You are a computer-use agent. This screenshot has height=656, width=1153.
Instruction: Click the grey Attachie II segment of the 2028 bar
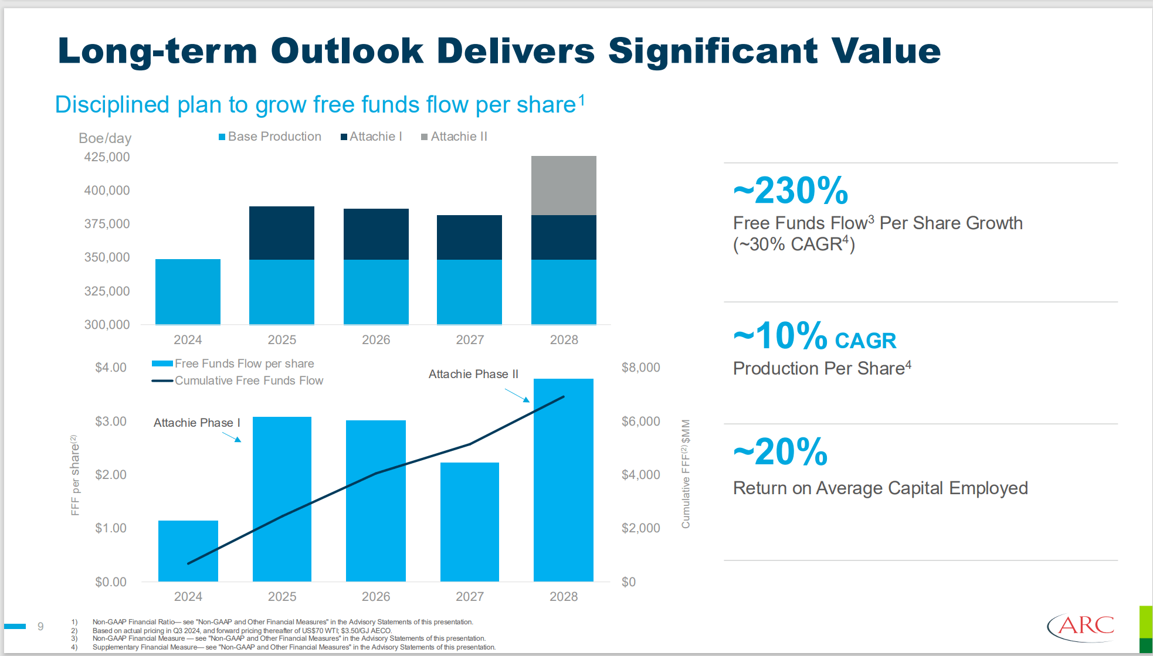click(564, 185)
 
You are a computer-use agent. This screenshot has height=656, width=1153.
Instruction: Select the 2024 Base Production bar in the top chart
click(188, 291)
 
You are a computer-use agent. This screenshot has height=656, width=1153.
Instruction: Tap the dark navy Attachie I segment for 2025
click(282, 233)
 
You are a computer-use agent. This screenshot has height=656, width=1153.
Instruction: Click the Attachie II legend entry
click(454, 137)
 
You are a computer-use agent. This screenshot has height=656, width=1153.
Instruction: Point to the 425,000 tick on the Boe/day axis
click(107, 157)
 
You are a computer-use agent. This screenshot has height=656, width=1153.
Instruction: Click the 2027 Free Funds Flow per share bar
click(469, 522)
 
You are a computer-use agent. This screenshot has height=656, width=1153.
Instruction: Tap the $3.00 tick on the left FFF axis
click(110, 422)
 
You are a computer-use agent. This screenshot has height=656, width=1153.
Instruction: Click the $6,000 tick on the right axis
click(640, 422)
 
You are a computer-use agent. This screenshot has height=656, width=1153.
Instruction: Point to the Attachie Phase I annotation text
click(196, 423)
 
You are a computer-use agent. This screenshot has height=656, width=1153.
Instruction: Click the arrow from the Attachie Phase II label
click(517, 396)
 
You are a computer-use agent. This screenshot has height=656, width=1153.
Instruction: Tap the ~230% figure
click(790, 191)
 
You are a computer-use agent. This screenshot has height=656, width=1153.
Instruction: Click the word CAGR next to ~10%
click(865, 341)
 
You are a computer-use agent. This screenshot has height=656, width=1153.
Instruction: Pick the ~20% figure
click(780, 452)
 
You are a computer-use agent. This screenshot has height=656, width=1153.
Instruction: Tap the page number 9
click(40, 626)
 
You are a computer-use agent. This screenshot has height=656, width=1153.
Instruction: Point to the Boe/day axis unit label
click(105, 138)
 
